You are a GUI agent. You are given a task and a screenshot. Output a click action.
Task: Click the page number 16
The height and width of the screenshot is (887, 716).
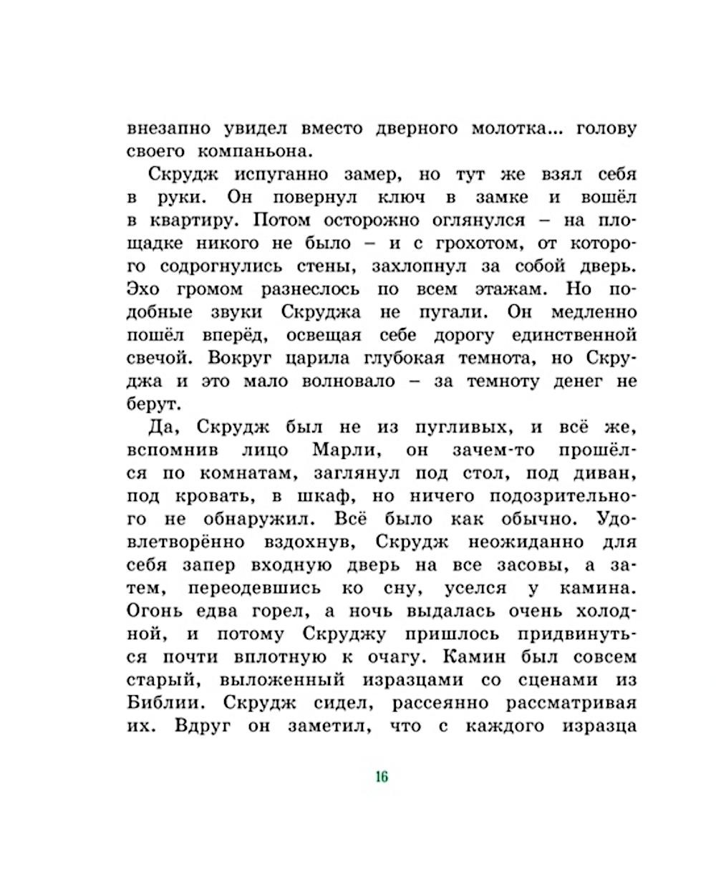click(x=381, y=777)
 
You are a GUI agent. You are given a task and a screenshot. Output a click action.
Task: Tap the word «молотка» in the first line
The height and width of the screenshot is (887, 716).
click(x=512, y=129)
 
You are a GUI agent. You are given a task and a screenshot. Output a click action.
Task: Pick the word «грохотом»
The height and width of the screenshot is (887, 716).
click(x=458, y=243)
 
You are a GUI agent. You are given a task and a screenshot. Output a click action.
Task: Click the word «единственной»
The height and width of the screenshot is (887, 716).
click(x=574, y=335)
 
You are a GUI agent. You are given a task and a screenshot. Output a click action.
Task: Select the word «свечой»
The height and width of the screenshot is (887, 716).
click(x=161, y=358)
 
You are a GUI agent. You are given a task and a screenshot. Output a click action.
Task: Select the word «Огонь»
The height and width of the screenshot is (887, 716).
click(x=155, y=611)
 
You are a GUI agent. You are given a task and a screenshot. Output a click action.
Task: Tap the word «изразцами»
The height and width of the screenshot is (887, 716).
click(x=422, y=679)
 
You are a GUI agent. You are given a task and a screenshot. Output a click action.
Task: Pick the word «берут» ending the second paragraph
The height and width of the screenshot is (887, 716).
click(x=151, y=404)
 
